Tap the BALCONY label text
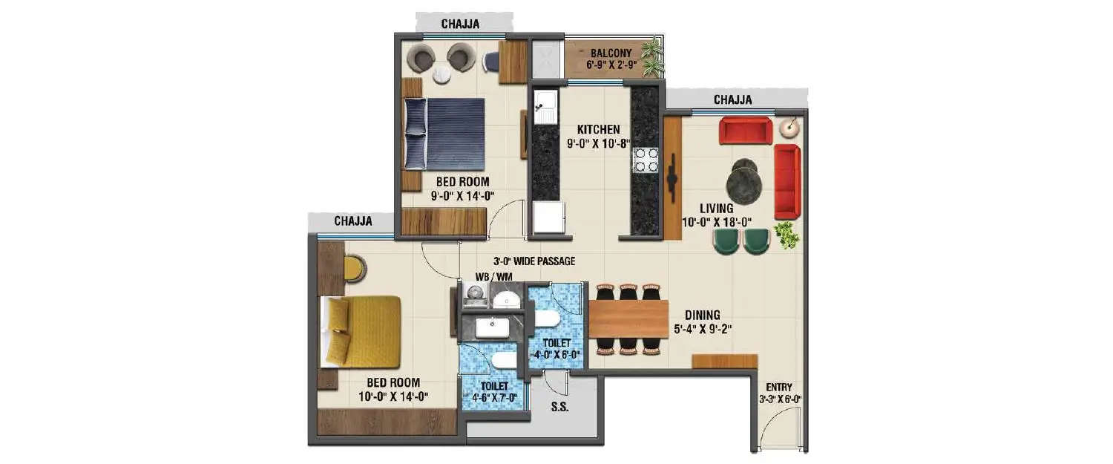click(610, 53)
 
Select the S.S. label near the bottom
click(559, 407)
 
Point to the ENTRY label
click(779, 387)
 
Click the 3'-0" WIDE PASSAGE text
click(534, 261)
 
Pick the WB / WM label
click(493, 278)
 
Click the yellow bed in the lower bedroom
click(361, 331)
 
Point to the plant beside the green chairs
click(787, 235)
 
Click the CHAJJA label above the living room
click(732, 99)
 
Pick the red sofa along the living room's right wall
click(786, 182)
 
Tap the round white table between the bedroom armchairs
click(442, 74)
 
